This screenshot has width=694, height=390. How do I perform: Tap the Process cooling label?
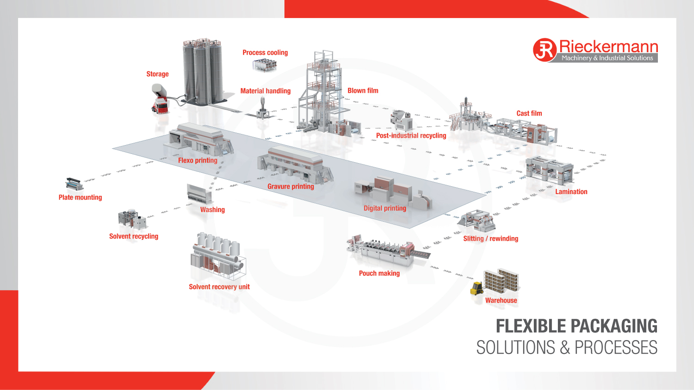tap(265, 53)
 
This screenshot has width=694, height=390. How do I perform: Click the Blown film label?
tap(363, 91)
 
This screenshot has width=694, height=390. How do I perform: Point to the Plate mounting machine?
tap(74, 184)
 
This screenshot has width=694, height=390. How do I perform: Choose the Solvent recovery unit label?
tap(219, 287)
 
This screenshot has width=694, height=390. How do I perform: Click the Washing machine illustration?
tap(199, 194)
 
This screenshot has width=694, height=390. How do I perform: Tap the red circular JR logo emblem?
tap(545, 50)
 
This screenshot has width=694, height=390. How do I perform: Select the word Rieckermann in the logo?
tap(608, 46)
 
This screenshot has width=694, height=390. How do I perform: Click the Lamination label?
tap(571, 192)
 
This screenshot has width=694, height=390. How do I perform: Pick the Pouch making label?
tap(379, 274)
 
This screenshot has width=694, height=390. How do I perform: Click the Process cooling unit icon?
tap(265, 65)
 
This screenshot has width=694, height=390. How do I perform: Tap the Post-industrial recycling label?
tap(411, 136)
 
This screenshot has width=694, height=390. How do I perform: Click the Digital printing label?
tap(384, 208)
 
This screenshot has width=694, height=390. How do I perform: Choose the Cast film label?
tap(529, 113)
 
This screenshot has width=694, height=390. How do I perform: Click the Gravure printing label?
tap(291, 187)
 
